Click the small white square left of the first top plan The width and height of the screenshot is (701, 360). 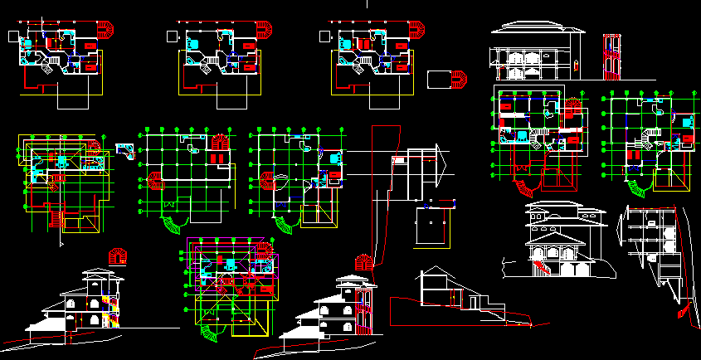[x=11, y=36]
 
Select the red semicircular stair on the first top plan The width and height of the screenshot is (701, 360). [x=106, y=30]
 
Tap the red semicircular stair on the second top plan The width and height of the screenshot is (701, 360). [x=263, y=31]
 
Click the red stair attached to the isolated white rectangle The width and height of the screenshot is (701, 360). [x=460, y=80]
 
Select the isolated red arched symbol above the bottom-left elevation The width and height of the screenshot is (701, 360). [x=117, y=255]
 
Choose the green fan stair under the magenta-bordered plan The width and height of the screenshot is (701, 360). [x=212, y=332]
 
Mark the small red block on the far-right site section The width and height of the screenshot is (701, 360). [x=683, y=313]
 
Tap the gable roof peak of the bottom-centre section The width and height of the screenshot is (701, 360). [x=431, y=270]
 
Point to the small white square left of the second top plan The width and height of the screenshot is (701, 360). [x=171, y=36]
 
